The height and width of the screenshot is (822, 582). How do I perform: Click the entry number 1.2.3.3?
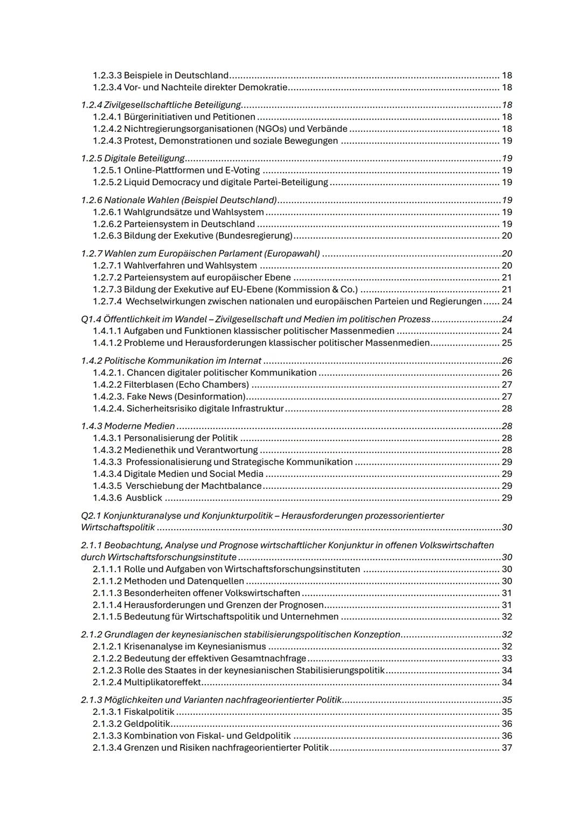pos(107,75)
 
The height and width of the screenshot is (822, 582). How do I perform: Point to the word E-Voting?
pos(242,170)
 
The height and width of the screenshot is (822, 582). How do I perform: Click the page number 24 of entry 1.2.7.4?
pos(507,301)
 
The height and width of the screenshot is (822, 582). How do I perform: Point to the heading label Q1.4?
pos(91,319)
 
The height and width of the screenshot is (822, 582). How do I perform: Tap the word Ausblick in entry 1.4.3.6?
pos(144,498)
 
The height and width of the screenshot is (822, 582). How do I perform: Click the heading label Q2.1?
pos(91,516)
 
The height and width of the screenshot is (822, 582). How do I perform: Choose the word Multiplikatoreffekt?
pos(162,683)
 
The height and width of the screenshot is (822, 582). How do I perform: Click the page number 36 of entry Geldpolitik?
pos(507,724)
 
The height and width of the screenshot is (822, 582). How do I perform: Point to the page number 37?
pos(507,748)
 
